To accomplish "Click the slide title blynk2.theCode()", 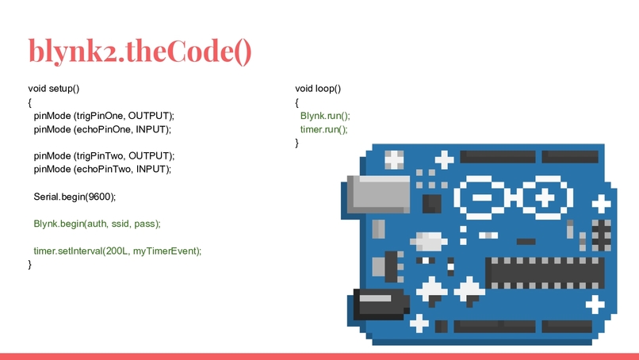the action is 140,52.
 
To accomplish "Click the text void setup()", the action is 54,89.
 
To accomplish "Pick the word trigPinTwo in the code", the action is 100,155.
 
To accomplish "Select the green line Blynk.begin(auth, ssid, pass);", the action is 97,224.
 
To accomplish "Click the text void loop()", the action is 318,89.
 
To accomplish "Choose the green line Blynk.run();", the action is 325,116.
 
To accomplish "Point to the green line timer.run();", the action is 324,129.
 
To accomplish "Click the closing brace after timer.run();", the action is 297,143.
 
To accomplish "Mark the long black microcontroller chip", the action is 545,273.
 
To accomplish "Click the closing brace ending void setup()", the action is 30,265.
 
